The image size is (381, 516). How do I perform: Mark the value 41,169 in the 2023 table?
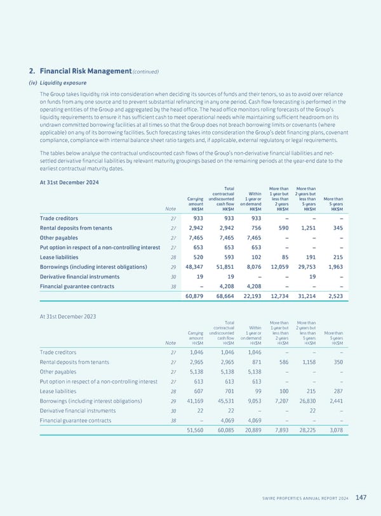click(x=194, y=401)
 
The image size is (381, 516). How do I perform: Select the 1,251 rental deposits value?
click(x=305, y=228)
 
